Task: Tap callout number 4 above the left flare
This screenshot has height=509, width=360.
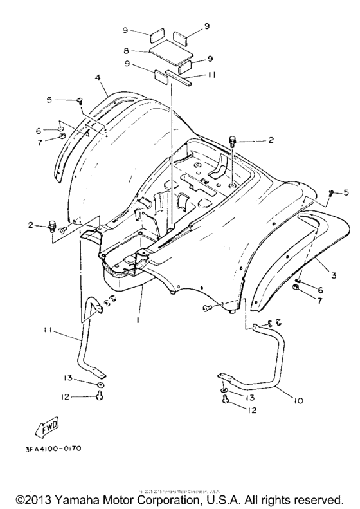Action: (98, 78)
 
